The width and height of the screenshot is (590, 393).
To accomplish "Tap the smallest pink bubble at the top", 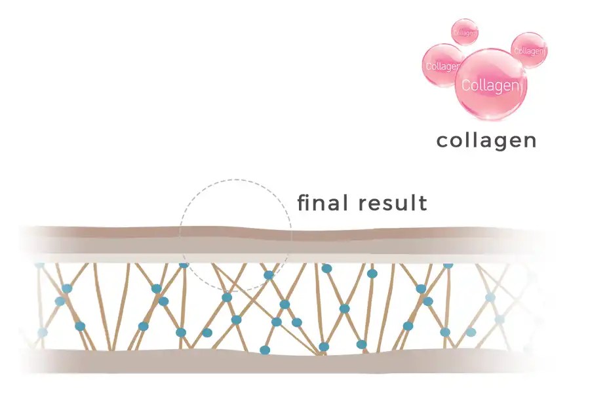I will pos(464,31).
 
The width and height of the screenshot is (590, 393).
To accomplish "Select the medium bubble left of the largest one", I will pos(444,65).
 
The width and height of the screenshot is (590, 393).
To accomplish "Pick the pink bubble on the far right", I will pos(528,50).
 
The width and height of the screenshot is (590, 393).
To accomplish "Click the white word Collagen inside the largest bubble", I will pos(492,85).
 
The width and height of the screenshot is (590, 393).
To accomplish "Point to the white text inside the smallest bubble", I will pos(465,32).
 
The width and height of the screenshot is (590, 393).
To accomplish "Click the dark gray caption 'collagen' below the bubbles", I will pos(486,140).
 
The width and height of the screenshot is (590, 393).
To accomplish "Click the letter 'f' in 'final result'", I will pos(302,202).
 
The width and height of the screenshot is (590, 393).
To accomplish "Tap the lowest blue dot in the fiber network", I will pos(265,350).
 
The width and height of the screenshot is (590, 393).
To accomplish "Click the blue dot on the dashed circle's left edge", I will pos(184,263).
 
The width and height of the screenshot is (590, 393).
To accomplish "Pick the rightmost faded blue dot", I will pos(500,320).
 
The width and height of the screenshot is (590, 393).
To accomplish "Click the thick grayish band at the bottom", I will pos(295,360).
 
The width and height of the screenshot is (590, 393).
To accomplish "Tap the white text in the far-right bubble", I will pos(529,50).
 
